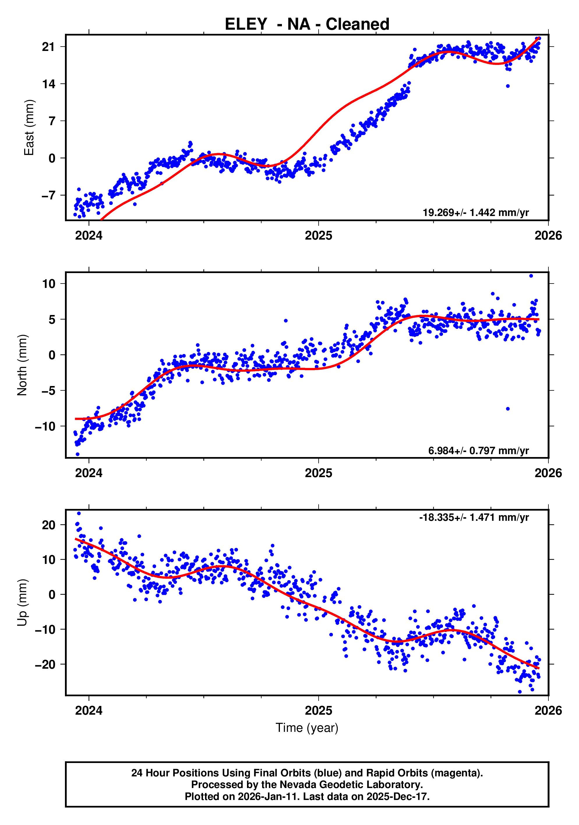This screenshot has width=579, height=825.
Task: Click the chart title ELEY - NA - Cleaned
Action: [307, 24]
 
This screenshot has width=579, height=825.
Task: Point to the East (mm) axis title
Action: [29, 128]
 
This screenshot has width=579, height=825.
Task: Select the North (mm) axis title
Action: [22, 365]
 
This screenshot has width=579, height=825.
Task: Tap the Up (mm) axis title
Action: [22, 603]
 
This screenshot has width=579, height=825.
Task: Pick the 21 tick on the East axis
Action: [49, 47]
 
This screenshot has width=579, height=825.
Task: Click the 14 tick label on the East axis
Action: [49, 84]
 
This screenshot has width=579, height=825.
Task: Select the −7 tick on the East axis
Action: [49, 195]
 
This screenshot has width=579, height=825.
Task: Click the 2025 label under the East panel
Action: [318, 236]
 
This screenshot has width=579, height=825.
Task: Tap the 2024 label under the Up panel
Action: [89, 711]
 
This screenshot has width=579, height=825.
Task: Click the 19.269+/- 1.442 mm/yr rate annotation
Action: [476, 213]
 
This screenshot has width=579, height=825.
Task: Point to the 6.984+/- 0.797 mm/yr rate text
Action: [478, 451]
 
